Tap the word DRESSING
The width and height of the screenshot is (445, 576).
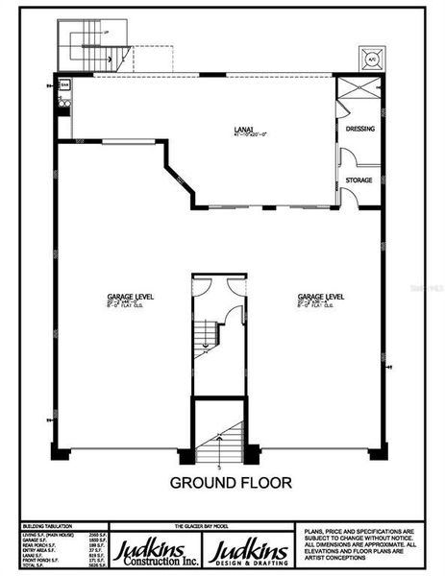coord(359,129)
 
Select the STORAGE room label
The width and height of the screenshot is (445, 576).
coord(360,180)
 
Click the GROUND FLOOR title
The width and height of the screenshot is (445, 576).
coord(231,482)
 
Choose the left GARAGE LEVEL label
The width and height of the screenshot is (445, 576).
coord(131,298)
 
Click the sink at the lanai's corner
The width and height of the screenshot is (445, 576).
coord(63,99)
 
